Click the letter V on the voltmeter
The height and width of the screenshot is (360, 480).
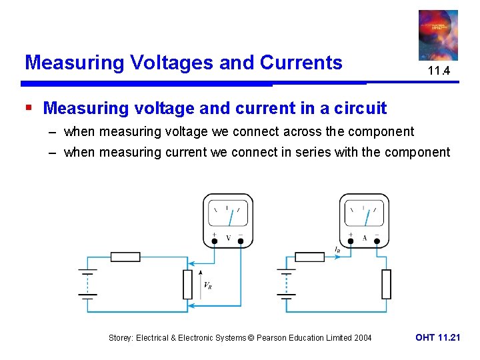tap(229, 238)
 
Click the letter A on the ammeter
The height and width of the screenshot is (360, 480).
tap(364, 238)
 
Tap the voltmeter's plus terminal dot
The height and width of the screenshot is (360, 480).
tap(215, 241)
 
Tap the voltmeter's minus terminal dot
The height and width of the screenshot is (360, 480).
tap(241, 241)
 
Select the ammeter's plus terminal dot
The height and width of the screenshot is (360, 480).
tap(351, 241)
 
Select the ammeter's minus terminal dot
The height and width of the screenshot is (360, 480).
tap(377, 241)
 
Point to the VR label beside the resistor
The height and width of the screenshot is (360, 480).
tap(208, 285)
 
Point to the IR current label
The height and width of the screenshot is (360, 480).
tap(338, 250)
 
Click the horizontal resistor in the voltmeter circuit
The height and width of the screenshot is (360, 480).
tap(125, 257)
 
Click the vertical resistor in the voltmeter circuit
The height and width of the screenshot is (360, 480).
tap(188, 284)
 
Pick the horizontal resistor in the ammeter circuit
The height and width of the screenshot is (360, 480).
tap(309, 257)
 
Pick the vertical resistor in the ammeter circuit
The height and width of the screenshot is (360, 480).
tap(386, 284)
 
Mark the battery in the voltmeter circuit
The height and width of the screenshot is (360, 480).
tap(87, 283)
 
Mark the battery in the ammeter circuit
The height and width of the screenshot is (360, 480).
tap(286, 283)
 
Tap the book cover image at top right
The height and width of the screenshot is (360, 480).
tap(438, 35)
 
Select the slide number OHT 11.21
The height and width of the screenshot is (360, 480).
tap(437, 337)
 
